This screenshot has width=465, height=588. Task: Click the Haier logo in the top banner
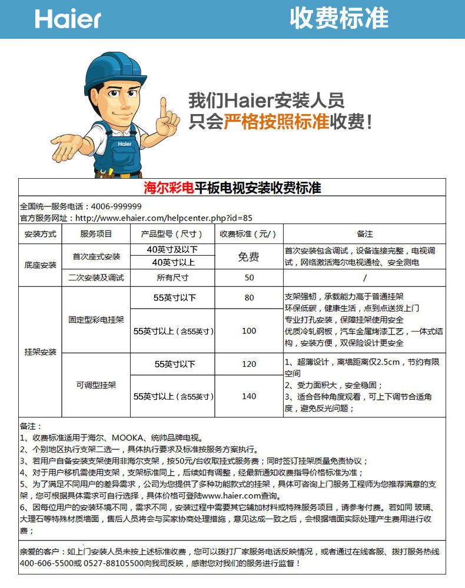click(x=68, y=19)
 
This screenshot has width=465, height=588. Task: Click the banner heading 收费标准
click(x=339, y=19)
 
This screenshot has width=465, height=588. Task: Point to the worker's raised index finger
click(x=163, y=106)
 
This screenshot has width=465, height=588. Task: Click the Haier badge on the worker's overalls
click(x=124, y=143)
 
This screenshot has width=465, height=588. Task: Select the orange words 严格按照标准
click(x=276, y=122)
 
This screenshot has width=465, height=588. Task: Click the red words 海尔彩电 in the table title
click(x=169, y=188)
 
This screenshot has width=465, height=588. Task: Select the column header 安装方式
click(x=40, y=234)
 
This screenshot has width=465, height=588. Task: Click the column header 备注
click(x=364, y=234)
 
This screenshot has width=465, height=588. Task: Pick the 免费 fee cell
click(x=248, y=256)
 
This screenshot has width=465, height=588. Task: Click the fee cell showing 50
click(x=249, y=278)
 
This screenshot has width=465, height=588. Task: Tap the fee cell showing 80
click(x=249, y=298)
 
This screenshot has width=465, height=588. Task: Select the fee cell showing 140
click(x=249, y=396)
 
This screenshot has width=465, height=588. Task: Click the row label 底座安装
click(x=40, y=265)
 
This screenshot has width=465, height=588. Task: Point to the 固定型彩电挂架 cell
click(x=95, y=320)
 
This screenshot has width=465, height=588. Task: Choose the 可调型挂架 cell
click(x=95, y=385)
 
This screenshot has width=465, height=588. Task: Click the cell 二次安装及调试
click(x=95, y=278)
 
